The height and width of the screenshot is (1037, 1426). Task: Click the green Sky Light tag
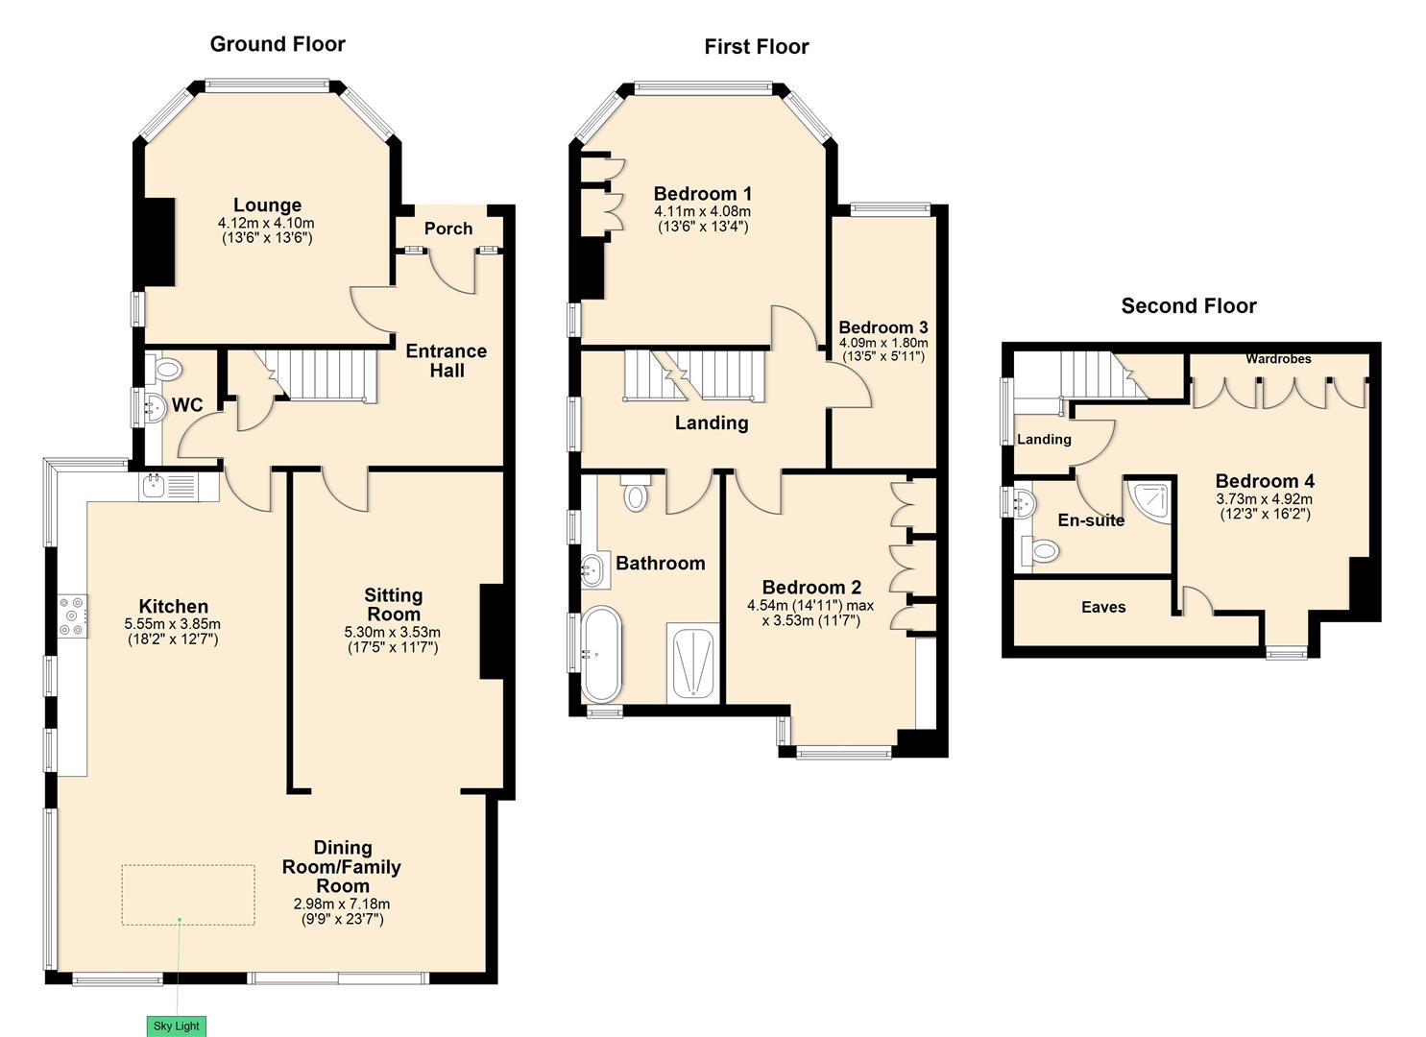click(x=177, y=1025)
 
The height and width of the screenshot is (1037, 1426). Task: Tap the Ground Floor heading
click(x=278, y=44)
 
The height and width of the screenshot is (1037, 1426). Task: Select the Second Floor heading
click(x=1188, y=306)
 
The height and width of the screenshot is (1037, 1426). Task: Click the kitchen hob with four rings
click(x=73, y=616)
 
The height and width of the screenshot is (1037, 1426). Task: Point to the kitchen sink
click(x=155, y=486)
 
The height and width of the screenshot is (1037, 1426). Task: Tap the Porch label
click(x=448, y=229)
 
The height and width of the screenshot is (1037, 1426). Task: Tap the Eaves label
click(x=1102, y=607)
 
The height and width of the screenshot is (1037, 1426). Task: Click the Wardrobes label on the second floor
click(x=1278, y=359)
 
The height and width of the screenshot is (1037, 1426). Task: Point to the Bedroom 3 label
click(x=882, y=327)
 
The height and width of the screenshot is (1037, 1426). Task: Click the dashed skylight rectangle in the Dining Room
click(x=188, y=894)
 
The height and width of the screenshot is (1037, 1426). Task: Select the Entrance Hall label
click(x=446, y=360)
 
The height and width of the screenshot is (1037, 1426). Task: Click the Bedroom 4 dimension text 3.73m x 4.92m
click(x=1264, y=499)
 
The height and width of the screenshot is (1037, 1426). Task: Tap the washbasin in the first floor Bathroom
click(x=593, y=570)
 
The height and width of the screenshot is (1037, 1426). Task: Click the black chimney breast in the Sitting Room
click(x=492, y=631)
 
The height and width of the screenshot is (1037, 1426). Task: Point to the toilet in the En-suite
click(x=1043, y=550)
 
